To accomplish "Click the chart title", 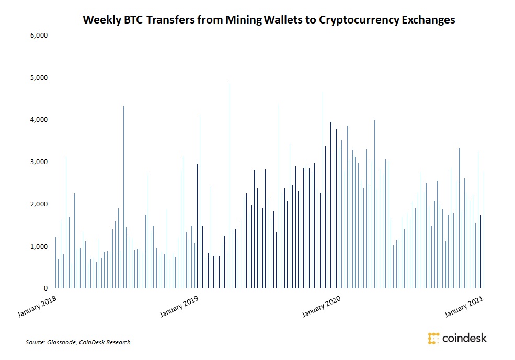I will (x=269, y=20).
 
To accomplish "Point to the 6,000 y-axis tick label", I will (x=39, y=36).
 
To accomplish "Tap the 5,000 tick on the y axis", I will (x=39, y=78).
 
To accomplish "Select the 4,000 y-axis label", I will (x=39, y=120).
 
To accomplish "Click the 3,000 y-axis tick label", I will (x=39, y=162).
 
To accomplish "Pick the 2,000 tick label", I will (x=39, y=204).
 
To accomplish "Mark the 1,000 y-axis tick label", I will (x=39, y=246).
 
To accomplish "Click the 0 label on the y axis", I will (x=46, y=288).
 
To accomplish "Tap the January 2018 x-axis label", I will (x=38, y=306).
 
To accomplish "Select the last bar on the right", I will (x=484, y=230).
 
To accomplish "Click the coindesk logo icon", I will (x=433, y=338).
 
